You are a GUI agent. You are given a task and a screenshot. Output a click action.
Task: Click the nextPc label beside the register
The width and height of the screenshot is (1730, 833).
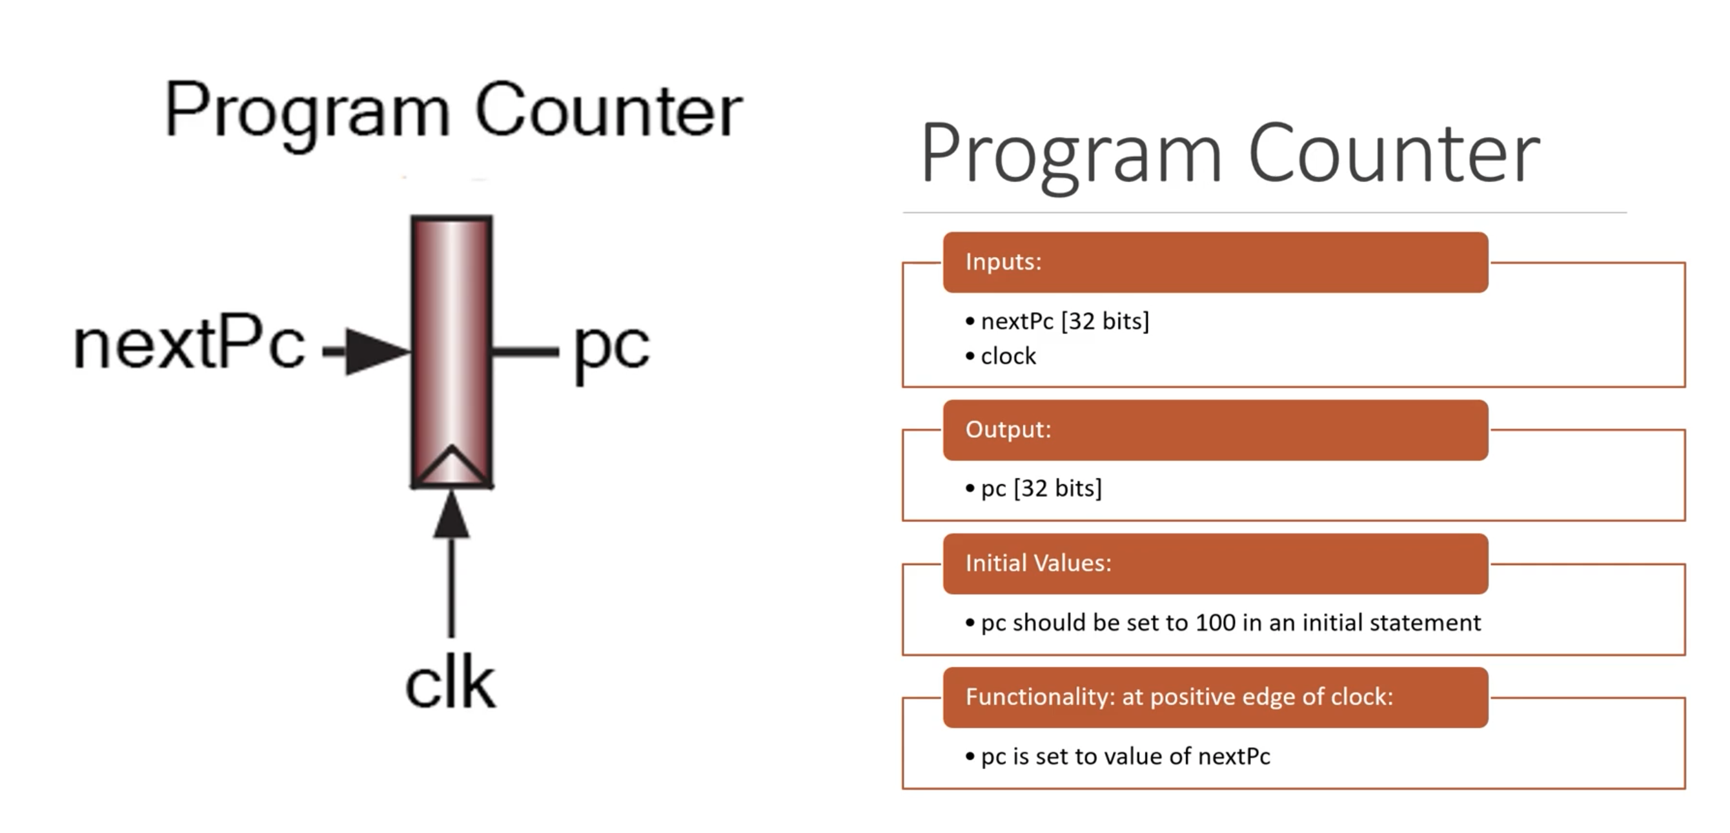point(188,345)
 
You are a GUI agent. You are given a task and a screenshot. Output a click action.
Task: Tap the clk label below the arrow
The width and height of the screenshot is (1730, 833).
point(451,684)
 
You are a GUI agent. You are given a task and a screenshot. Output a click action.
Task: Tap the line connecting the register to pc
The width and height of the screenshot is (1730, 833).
point(525,351)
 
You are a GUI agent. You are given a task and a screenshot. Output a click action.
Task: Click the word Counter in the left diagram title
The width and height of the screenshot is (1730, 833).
point(609,110)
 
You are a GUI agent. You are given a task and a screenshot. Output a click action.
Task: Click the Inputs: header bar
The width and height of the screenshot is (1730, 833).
point(1215,262)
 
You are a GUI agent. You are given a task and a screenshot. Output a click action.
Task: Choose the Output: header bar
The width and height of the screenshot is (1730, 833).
point(1215,430)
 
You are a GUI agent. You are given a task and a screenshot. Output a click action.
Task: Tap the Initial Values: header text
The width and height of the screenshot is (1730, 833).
point(1038,563)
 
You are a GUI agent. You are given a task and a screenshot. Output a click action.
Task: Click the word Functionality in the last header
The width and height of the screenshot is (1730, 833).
point(1041,697)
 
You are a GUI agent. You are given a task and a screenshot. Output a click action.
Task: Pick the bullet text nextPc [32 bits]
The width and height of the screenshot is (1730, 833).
point(1064,321)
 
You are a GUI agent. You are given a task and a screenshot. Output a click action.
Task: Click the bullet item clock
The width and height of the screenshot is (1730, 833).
point(1008,356)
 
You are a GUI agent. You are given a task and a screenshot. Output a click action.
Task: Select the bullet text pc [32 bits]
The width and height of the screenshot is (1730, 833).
point(1041,488)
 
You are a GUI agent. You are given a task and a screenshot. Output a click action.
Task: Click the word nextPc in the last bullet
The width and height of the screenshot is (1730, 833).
point(1234,756)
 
